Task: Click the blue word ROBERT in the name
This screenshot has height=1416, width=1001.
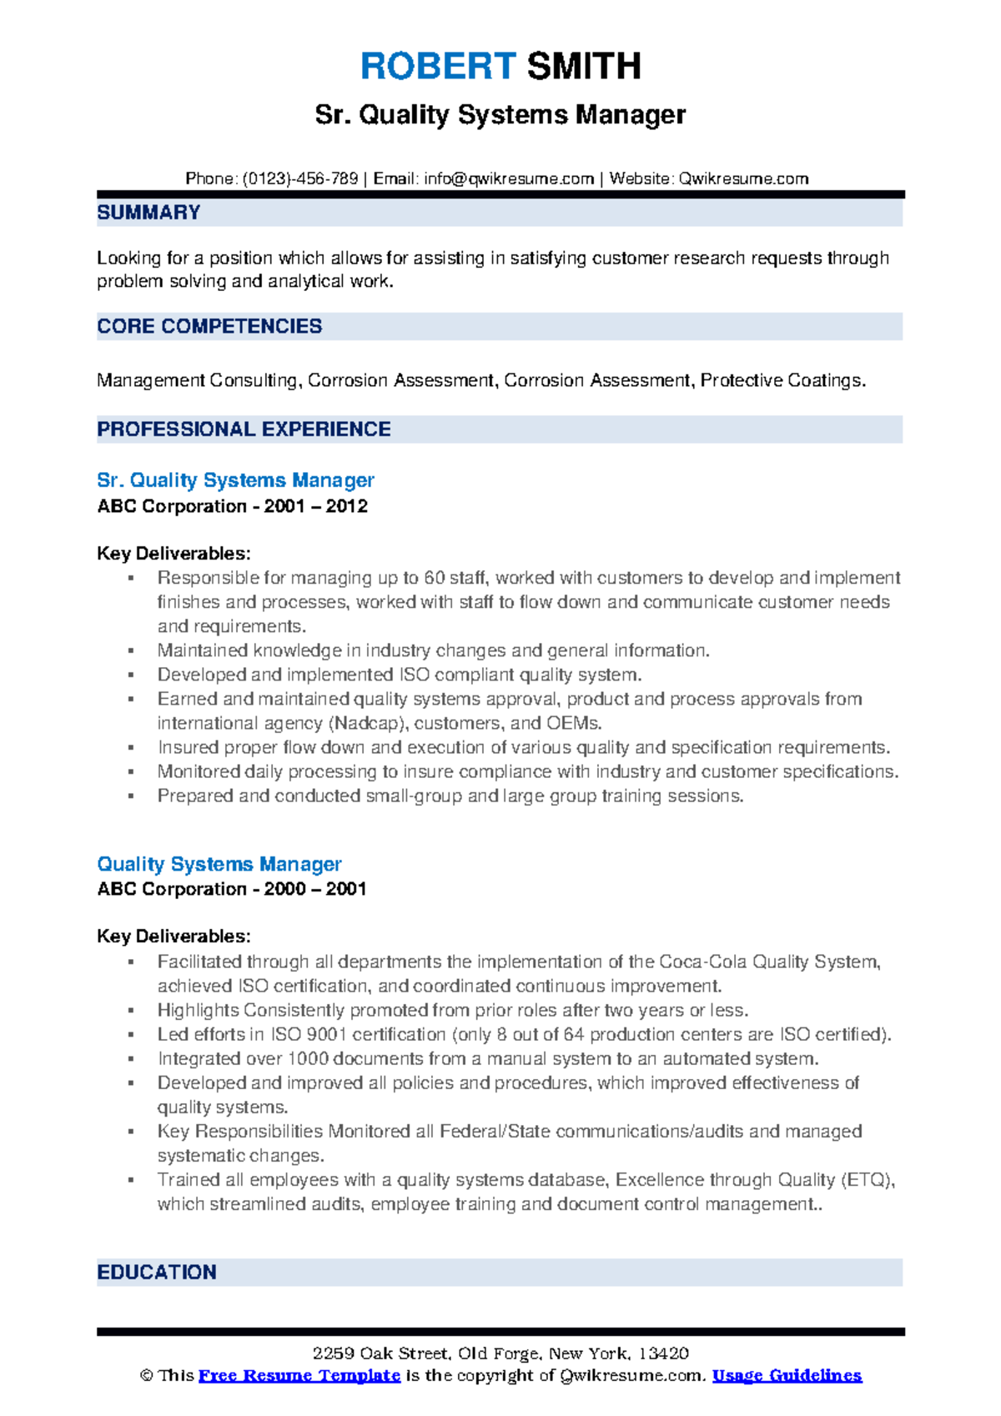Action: (438, 66)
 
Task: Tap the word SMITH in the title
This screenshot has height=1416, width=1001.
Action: (584, 66)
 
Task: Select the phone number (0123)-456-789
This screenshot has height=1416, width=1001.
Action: (300, 178)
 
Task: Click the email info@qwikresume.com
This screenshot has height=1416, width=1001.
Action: (509, 178)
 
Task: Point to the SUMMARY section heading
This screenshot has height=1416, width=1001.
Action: (148, 213)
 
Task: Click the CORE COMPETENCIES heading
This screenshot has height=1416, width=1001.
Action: (209, 326)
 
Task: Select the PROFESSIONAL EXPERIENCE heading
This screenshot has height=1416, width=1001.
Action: (244, 429)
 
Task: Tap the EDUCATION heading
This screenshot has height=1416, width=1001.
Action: (157, 1272)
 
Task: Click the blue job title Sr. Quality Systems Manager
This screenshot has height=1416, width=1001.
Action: (235, 480)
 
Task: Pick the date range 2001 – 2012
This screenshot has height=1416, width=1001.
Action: (316, 506)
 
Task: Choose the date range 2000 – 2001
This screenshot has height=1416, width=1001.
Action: (315, 889)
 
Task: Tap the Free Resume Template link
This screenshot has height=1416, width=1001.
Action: (299, 1375)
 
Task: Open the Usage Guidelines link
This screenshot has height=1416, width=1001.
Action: (787, 1375)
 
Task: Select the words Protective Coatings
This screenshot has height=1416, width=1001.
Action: (782, 380)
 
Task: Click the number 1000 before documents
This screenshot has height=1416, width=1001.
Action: (308, 1058)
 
